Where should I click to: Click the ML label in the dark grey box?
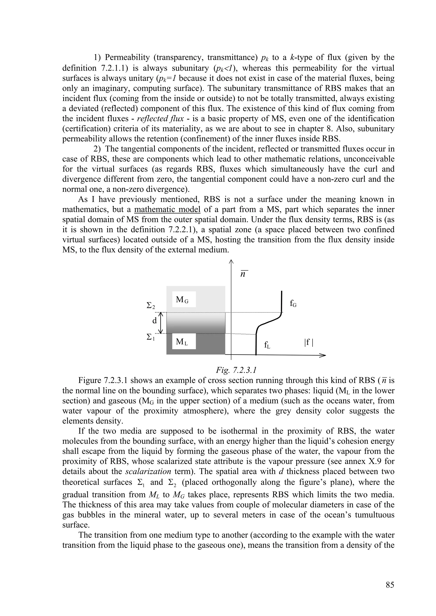pyautogui.click(x=182, y=342)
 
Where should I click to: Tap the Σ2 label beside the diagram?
pyautogui.click(x=151, y=306)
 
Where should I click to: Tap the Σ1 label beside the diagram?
pyautogui.click(x=151, y=337)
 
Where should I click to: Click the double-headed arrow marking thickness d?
pyautogui.click(x=161, y=323)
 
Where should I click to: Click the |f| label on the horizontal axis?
pyautogui.click(x=309, y=342)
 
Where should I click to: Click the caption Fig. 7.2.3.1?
pyautogui.click(x=236, y=370)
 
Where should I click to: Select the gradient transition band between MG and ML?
pyautogui.click(x=196, y=323)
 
